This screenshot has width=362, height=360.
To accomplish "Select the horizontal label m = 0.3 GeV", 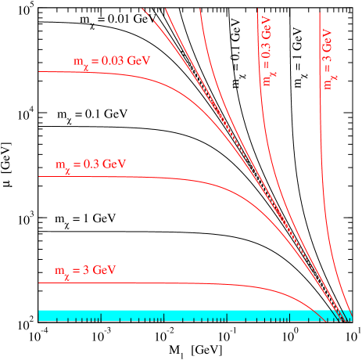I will pos(90,165).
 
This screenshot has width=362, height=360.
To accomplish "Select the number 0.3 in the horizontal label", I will pos(92,165).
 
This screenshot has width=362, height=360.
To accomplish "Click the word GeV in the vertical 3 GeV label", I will pos(329,39).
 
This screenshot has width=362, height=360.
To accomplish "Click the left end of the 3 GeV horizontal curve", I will pos(41,283).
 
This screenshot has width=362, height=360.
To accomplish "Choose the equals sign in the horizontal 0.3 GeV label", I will pos(79,165).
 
